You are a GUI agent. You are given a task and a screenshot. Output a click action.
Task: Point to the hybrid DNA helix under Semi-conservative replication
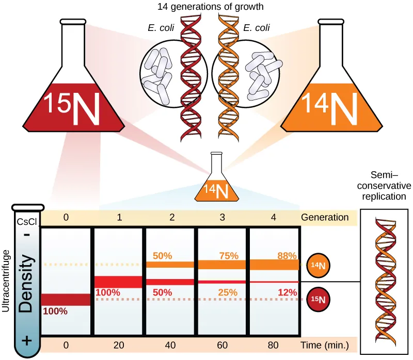[383, 281]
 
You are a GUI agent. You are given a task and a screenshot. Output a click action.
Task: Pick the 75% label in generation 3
[228, 256]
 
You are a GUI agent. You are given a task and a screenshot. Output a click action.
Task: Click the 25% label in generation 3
[228, 292]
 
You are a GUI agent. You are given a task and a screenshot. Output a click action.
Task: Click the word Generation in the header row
[326, 217]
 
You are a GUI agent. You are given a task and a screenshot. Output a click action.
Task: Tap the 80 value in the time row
[274, 345]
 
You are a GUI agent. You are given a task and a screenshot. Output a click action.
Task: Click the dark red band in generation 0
[66, 299]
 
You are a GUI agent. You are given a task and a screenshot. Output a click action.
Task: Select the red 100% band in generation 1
[118, 282]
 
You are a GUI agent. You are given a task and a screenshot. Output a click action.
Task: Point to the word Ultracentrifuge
[7, 281]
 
